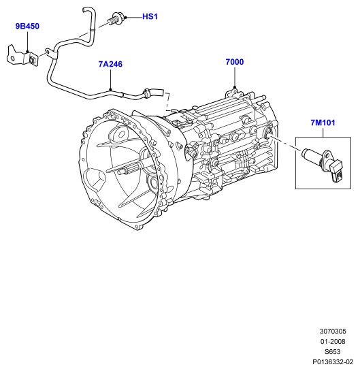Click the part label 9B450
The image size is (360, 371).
point(27,26)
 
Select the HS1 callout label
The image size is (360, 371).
point(150,16)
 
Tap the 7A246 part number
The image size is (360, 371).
point(110,64)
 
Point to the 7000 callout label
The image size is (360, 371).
point(235,62)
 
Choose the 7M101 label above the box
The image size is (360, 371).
point(323,123)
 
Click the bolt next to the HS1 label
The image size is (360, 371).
point(115,19)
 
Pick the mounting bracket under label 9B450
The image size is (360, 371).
point(22,56)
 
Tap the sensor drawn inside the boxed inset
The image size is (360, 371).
point(323,164)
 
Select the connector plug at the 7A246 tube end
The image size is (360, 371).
point(153,93)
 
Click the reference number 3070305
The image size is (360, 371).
point(333,332)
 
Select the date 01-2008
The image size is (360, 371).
point(333,342)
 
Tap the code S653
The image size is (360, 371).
point(333,351)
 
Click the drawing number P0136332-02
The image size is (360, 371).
point(333,361)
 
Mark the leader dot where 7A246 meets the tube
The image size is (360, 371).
point(110,89)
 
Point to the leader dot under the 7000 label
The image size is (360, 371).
point(235,87)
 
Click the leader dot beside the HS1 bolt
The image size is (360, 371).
point(126,18)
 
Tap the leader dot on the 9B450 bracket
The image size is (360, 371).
point(27,51)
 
